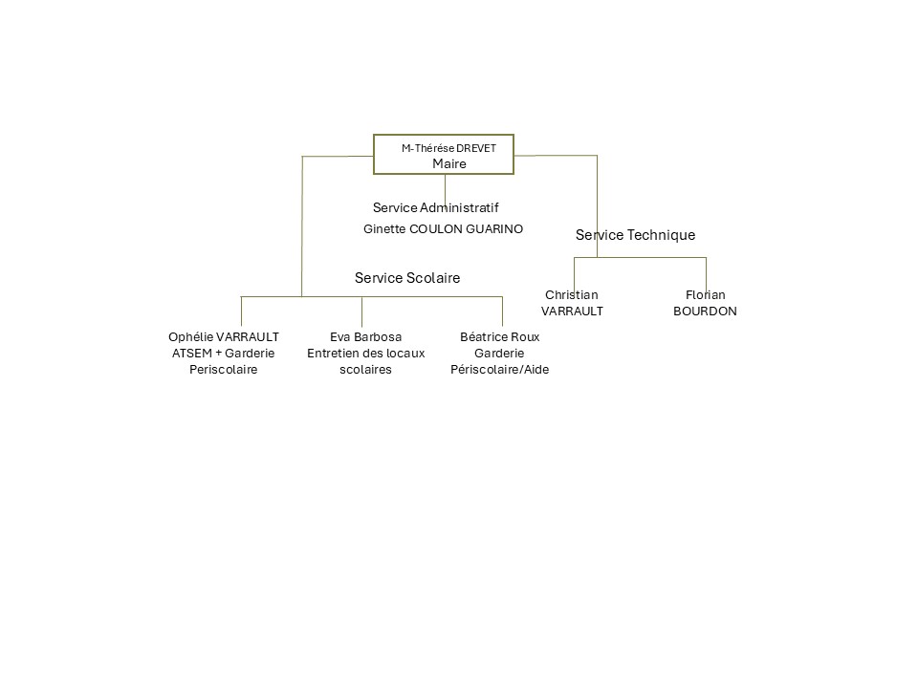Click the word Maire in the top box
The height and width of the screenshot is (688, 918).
(x=448, y=163)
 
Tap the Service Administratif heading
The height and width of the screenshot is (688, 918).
(x=436, y=207)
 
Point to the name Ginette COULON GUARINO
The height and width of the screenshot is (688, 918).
(x=444, y=229)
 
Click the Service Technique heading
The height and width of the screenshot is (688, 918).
(x=635, y=235)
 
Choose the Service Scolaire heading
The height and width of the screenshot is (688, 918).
(x=407, y=278)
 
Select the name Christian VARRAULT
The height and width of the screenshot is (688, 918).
(x=572, y=303)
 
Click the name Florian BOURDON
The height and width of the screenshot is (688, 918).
(x=706, y=303)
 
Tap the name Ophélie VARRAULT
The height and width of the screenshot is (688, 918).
(x=224, y=336)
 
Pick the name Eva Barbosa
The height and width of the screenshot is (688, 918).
(x=365, y=336)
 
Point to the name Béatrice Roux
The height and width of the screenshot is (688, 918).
(x=500, y=336)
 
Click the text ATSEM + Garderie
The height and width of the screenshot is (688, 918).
(x=224, y=354)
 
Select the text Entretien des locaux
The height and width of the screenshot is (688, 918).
(x=365, y=354)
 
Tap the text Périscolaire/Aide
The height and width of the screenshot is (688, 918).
(x=500, y=370)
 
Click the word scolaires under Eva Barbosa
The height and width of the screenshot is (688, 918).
(x=365, y=370)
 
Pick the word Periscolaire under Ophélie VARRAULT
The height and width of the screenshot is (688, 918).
(x=224, y=370)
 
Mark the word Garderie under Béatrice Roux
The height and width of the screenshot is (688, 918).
(x=500, y=354)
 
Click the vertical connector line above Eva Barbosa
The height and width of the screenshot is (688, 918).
(x=361, y=312)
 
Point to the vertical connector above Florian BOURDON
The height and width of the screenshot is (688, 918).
(x=706, y=271)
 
